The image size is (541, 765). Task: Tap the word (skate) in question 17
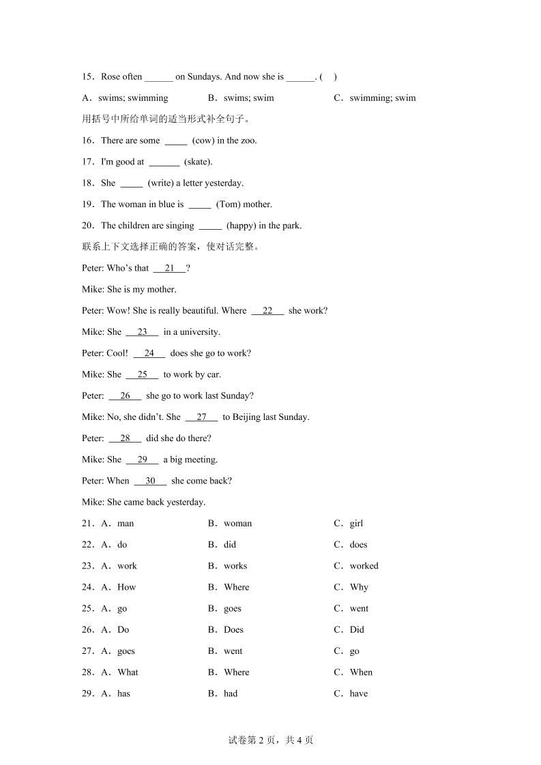pos(198,162)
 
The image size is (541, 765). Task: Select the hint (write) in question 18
pos(162,183)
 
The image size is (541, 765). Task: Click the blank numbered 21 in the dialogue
pos(170,268)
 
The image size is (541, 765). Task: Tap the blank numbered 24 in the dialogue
pos(149,353)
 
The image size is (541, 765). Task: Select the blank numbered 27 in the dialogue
pos(201,417)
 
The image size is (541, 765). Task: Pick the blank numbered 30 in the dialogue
pos(150,481)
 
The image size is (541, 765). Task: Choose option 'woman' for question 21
pos(237,524)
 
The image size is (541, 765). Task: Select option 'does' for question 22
pos(358,545)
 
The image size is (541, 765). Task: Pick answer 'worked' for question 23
pos(364,566)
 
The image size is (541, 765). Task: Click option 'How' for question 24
pos(127,587)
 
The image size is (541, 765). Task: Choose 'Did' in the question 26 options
pos(357,629)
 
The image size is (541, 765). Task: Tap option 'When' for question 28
pos(361,672)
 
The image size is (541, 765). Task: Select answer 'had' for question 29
pos(231,693)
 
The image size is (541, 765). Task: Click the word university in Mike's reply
pos(198,332)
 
